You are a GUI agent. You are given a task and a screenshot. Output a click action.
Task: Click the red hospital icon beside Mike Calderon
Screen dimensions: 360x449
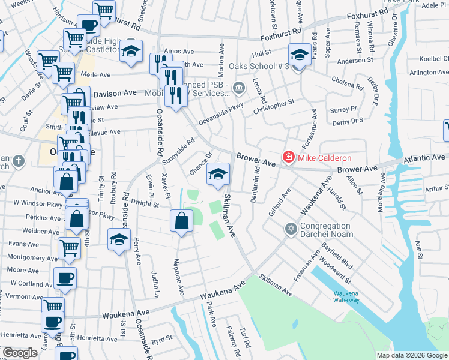[288, 158]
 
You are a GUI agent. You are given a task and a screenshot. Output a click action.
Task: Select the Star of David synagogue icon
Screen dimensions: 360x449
[291, 230]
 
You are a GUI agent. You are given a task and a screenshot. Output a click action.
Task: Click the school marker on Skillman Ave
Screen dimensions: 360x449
[218, 174]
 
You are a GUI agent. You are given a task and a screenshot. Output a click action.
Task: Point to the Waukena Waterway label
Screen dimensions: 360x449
[346, 296]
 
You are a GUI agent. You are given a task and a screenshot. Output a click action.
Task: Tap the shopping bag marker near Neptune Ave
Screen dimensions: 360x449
[181, 221]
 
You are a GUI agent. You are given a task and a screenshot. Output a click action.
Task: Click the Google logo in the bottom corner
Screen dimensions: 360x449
[20, 353]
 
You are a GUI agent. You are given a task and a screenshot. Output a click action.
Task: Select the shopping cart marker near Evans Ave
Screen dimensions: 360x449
[70, 246]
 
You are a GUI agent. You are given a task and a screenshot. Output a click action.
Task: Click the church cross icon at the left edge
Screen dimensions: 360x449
[19, 161]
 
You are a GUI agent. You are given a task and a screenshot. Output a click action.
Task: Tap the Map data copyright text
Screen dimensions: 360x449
[412, 355]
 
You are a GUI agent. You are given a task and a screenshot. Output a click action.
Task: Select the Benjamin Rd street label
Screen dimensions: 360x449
[256, 187]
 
